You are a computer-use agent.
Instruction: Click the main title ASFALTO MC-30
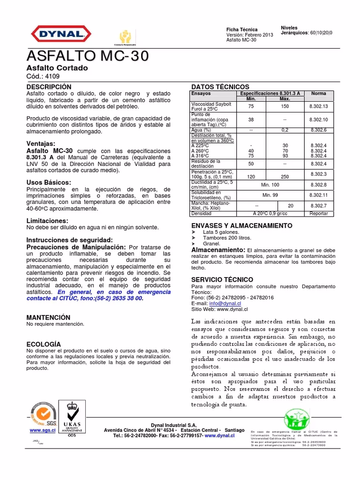coord(88,57)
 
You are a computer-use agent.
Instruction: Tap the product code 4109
coord(53,76)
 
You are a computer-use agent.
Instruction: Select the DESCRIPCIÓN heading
coord(49,87)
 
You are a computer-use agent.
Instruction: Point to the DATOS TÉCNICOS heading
coord(220,87)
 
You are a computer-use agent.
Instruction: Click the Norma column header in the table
coord(318,94)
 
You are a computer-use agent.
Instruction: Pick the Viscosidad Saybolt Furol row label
coord(209,107)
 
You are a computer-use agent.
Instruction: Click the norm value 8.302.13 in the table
coord(318,107)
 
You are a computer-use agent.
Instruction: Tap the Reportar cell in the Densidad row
coord(318,213)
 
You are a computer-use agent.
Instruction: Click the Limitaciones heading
coord(47,220)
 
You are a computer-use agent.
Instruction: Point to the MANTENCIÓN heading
coord(48,317)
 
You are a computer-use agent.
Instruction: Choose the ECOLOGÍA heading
coord(44,344)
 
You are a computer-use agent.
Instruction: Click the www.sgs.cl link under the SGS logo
coord(43,430)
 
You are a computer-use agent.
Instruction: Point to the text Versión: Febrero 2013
coord(249,35)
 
